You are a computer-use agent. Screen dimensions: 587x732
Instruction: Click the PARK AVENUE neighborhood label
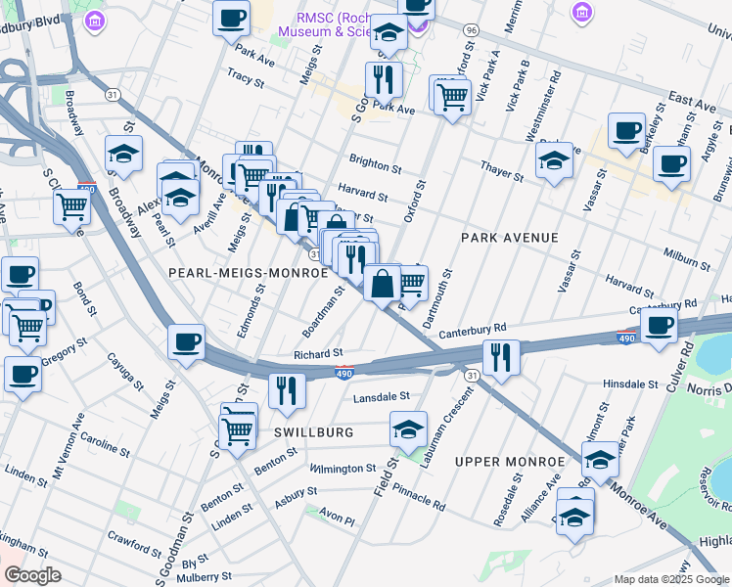click(509, 238)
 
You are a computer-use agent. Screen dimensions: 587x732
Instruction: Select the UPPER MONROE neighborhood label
click(510, 461)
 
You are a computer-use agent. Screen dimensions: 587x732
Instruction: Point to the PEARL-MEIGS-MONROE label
click(249, 274)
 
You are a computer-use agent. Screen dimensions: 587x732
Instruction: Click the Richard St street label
click(318, 353)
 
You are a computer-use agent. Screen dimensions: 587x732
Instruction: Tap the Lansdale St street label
click(380, 396)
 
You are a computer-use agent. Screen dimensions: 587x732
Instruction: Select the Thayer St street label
click(502, 170)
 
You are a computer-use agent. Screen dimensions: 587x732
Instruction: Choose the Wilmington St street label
click(343, 469)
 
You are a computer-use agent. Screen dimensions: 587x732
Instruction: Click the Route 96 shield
click(471, 30)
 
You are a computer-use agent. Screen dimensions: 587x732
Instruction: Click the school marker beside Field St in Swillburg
click(408, 428)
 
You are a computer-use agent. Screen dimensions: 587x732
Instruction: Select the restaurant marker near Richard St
click(287, 389)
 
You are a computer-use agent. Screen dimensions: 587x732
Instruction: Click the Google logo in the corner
click(33, 575)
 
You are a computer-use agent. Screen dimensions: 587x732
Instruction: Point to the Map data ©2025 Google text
click(670, 579)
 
